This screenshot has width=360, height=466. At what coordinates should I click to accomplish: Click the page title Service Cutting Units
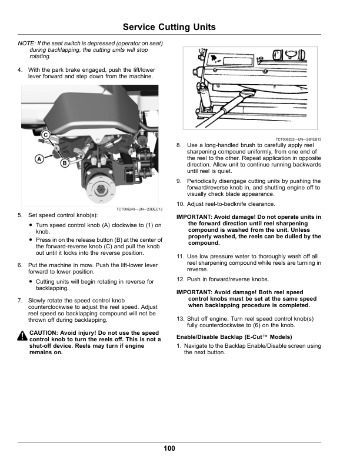click(x=169, y=27)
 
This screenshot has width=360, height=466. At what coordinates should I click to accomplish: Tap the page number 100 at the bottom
click(x=169, y=448)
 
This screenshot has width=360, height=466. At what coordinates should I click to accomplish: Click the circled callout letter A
click(x=39, y=159)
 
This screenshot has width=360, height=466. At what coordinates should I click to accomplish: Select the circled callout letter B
click(x=65, y=163)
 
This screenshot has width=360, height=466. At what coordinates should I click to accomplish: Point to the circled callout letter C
click(x=45, y=135)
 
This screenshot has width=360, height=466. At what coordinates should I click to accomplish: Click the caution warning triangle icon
click(x=22, y=335)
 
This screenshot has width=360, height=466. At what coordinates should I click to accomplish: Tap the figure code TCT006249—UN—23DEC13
click(x=139, y=209)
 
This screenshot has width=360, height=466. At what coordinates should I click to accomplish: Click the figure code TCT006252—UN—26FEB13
click(x=298, y=139)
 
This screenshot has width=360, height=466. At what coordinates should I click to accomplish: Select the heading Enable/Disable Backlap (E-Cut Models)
click(x=234, y=337)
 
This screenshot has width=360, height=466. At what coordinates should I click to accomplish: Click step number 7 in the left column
click(x=20, y=301)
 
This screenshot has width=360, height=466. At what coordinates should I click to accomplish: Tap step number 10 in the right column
click(x=181, y=204)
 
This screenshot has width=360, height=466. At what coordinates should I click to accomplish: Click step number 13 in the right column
click(x=181, y=319)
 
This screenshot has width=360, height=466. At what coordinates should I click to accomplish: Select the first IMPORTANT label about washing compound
click(x=194, y=217)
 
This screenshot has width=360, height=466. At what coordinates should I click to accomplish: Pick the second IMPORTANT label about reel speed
click(x=194, y=292)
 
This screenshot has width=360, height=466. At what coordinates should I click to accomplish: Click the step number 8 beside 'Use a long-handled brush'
click(x=178, y=145)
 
